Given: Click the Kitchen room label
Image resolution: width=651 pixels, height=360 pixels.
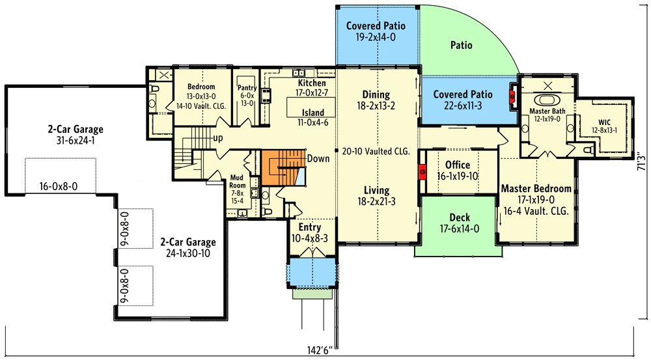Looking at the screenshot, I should coord(312,84).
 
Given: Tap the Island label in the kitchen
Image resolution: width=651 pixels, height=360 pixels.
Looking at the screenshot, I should coord(312,113).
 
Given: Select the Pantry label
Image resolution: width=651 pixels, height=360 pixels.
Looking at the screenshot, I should coord(247,88).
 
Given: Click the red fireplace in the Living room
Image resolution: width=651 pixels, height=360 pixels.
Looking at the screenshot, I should coord(422,173).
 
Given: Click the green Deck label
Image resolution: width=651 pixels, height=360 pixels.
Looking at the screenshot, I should coord(460,217).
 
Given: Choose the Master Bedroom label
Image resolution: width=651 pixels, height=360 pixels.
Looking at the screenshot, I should coord(536,189).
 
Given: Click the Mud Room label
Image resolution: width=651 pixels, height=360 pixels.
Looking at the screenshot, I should coord(238,180).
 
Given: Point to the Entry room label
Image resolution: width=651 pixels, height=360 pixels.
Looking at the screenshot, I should coord(309,228).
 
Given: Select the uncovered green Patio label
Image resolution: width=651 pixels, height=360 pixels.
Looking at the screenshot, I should coord(461,46).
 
